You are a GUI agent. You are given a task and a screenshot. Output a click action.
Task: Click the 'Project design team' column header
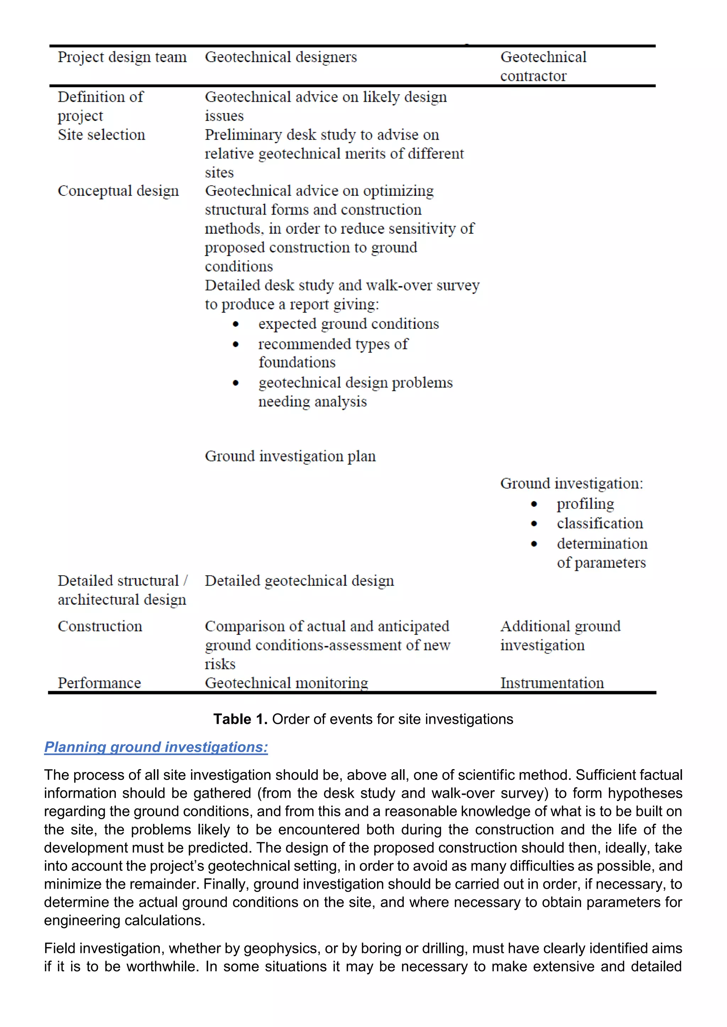point(122,57)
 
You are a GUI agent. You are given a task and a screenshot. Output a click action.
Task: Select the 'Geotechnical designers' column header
point(281,57)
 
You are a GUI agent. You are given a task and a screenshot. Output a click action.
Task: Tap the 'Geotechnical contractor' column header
point(543,66)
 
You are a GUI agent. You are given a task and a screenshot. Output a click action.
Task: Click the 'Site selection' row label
point(101,135)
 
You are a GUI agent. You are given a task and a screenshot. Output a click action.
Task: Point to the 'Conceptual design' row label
point(118,190)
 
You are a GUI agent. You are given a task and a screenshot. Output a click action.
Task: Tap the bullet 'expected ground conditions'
point(348,323)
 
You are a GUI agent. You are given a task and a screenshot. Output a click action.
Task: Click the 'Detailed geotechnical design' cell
point(299,581)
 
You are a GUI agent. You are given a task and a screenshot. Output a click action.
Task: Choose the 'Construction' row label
point(100,626)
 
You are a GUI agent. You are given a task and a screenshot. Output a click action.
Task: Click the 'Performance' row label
point(99,683)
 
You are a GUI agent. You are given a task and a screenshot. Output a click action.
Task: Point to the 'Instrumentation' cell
point(552,683)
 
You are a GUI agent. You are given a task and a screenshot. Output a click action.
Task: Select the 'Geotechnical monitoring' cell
point(286,683)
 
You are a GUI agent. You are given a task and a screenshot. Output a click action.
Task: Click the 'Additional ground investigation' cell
point(560,635)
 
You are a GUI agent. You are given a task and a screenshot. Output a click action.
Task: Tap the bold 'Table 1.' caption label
point(240,719)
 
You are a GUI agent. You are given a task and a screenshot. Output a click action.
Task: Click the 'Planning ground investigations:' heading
point(156,747)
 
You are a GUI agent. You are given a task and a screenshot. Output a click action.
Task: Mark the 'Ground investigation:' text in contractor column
point(571,483)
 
